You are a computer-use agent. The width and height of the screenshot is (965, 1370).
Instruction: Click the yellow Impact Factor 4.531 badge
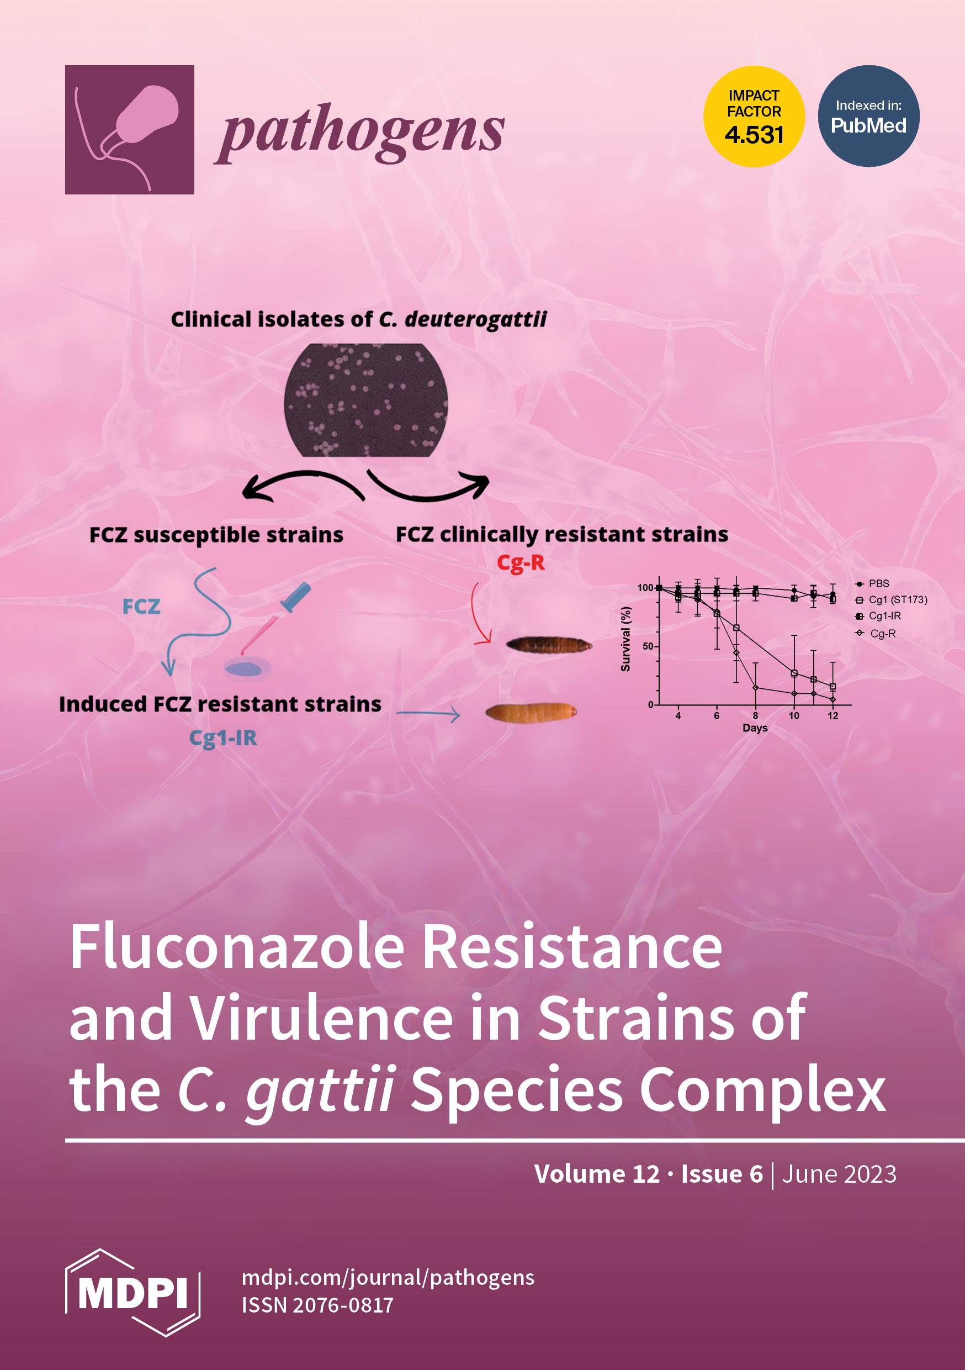pos(754,117)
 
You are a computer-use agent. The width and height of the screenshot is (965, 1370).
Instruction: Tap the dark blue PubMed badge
pos(868,117)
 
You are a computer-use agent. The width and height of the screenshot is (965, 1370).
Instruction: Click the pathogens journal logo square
pos(129,129)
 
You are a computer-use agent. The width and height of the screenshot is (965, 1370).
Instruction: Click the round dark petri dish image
pos(365,400)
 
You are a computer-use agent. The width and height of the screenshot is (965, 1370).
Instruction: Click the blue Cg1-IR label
pos(223,738)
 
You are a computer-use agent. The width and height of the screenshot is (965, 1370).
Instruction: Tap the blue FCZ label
pos(141,607)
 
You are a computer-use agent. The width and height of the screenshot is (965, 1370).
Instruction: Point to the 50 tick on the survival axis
pos(648,646)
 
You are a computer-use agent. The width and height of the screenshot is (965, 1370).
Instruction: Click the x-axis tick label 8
pos(755,715)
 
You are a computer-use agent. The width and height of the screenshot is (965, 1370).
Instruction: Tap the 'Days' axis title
pos(755,728)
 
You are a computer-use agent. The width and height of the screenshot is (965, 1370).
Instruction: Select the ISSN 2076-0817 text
pos(317,1305)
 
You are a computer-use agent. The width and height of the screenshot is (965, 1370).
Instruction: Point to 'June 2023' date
pos(839,1174)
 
